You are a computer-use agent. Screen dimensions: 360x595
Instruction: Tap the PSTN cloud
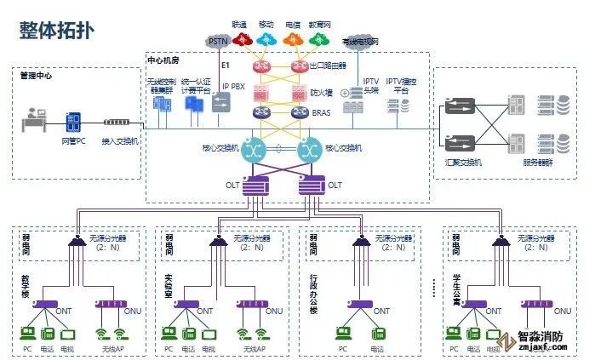[x=220, y=40]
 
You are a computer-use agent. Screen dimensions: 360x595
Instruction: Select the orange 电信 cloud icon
[x=293, y=39]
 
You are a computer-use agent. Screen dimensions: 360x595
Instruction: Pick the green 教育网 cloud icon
[x=319, y=39]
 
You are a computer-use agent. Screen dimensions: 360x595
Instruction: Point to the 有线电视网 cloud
[x=359, y=41]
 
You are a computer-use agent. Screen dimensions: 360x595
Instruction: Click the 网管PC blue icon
[x=74, y=122]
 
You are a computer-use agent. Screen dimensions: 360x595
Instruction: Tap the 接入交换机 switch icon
[x=119, y=123]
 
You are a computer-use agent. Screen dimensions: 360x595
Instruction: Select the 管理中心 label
[x=36, y=76]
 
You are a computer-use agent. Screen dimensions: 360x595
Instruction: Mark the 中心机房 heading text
[x=163, y=61]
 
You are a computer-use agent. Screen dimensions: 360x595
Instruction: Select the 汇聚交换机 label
[x=463, y=162]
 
